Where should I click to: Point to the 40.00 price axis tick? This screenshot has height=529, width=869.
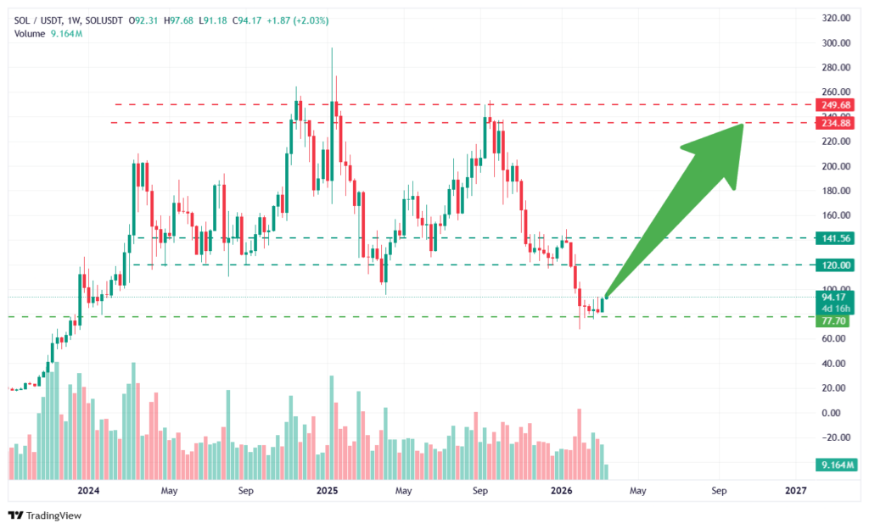[x=837, y=364]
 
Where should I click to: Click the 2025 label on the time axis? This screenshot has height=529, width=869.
[x=327, y=491]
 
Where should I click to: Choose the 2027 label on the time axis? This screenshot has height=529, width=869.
[x=796, y=491]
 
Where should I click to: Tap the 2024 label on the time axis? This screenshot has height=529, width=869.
[x=87, y=491]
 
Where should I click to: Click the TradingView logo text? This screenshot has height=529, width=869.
[x=53, y=515]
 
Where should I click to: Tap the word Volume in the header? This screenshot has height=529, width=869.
[x=29, y=33]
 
